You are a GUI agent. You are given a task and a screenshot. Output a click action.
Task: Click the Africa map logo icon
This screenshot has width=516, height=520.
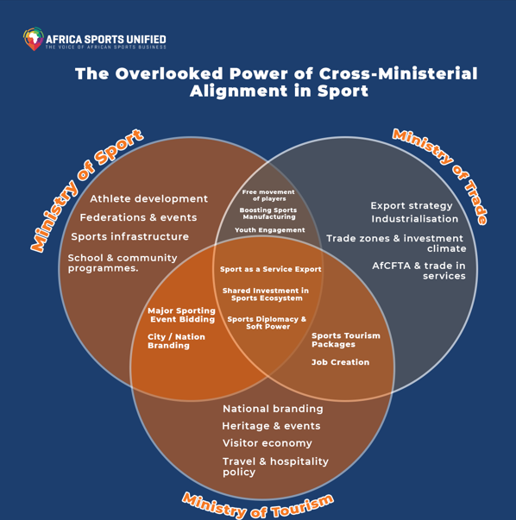(x=34, y=39)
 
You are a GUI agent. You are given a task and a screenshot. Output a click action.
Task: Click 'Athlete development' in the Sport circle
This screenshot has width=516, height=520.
(x=149, y=198)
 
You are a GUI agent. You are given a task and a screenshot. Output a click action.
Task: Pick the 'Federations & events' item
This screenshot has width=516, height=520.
(x=138, y=217)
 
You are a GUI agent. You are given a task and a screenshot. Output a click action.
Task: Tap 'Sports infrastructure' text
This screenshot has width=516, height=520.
(x=130, y=236)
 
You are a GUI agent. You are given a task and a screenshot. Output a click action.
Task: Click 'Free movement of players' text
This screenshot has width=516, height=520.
(x=268, y=196)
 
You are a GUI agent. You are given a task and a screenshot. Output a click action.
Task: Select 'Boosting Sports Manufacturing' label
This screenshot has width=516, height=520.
(x=268, y=213)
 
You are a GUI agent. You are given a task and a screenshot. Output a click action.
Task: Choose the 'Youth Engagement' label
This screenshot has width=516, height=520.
(x=270, y=230)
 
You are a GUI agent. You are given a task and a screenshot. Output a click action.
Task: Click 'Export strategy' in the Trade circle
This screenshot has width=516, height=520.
(x=412, y=205)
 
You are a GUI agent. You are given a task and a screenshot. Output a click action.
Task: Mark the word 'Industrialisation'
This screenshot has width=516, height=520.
(x=415, y=219)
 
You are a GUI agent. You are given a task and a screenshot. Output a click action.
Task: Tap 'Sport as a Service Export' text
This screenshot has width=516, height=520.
(x=271, y=269)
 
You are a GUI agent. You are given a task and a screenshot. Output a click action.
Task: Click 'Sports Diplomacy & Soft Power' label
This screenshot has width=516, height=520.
(x=267, y=323)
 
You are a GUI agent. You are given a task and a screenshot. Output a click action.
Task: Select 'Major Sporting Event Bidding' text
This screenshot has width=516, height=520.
(x=181, y=315)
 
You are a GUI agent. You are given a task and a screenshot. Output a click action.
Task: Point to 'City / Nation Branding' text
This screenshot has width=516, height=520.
(x=176, y=341)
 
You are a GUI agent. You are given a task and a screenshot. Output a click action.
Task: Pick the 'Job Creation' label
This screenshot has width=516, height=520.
(x=341, y=362)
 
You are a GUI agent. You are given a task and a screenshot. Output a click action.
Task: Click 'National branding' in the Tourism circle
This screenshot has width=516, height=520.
(x=273, y=409)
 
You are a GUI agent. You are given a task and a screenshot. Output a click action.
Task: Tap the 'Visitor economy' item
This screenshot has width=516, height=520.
(x=267, y=443)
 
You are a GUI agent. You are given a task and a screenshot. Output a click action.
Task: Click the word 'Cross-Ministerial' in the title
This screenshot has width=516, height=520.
(x=398, y=73)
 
